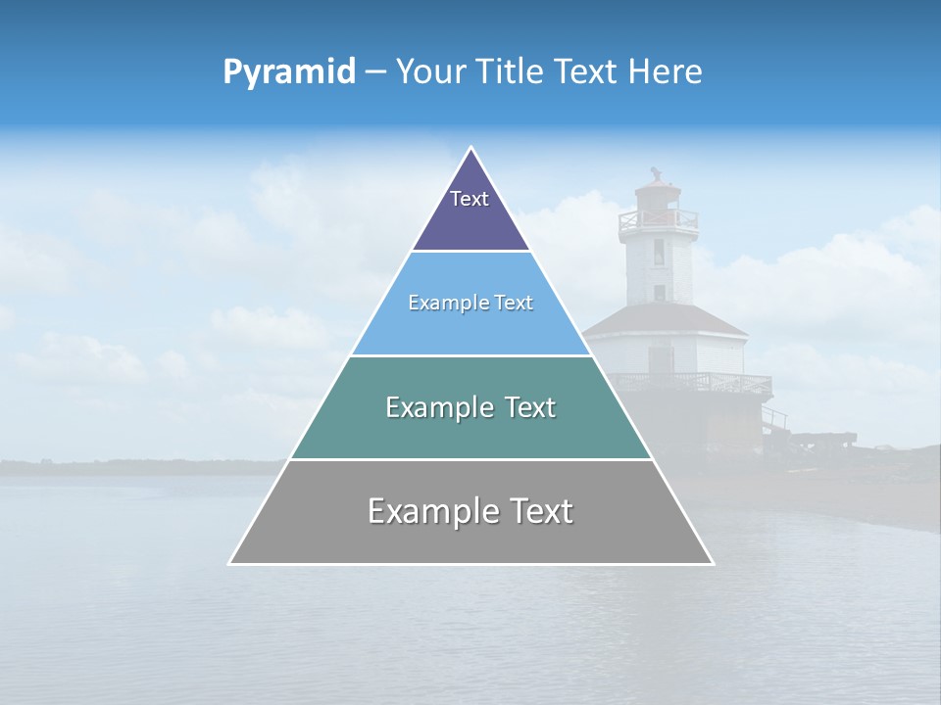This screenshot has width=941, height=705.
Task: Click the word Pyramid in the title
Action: (289, 72)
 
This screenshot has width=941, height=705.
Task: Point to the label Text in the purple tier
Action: (469, 199)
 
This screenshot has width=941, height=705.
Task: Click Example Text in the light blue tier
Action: (470, 303)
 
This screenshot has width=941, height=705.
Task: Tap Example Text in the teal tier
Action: (470, 407)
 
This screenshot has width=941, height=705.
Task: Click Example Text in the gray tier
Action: (470, 511)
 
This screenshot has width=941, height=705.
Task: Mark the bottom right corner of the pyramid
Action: (712, 563)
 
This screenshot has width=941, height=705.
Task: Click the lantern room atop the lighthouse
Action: (656, 194)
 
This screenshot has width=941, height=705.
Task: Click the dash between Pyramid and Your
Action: (375, 72)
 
